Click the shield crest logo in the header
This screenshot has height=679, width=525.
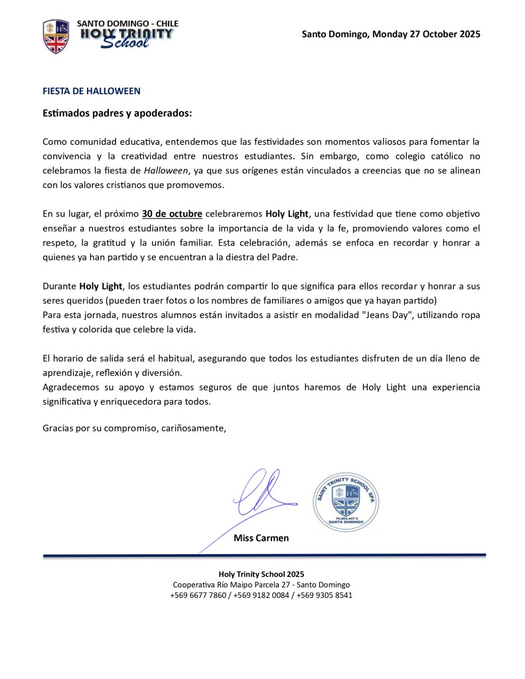coord(56,36)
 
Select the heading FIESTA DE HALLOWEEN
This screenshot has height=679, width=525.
coord(92,91)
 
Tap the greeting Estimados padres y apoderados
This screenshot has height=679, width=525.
coord(117,113)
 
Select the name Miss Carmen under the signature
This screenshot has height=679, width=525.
coord(262,538)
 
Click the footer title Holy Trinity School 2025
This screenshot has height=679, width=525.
coord(262,573)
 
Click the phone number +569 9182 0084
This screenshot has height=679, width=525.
coord(262,595)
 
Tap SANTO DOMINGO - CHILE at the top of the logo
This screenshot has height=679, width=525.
coord(127,23)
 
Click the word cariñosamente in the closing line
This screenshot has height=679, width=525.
coord(193,428)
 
